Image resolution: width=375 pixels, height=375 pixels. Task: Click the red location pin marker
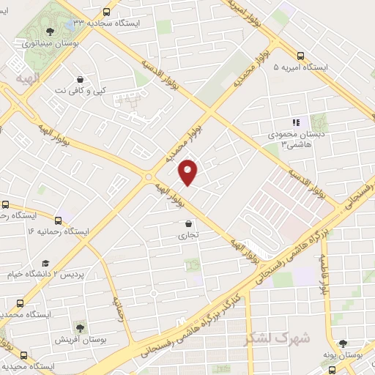(x=189, y=171)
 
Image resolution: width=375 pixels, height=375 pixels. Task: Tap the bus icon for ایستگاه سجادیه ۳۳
(x=107, y=12)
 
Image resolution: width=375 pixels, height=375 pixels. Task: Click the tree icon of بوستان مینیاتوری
(x=49, y=31)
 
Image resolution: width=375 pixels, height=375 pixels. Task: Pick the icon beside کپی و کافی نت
(x=79, y=79)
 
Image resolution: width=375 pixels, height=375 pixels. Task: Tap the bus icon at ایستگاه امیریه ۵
(x=301, y=55)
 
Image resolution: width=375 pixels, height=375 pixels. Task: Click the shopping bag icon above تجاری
(x=189, y=223)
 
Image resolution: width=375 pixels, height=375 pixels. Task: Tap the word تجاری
(x=189, y=236)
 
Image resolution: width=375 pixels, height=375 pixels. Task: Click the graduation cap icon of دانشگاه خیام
(x=45, y=262)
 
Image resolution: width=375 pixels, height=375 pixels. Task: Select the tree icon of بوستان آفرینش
(x=80, y=328)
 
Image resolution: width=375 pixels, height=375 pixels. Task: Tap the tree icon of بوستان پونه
(x=344, y=343)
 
